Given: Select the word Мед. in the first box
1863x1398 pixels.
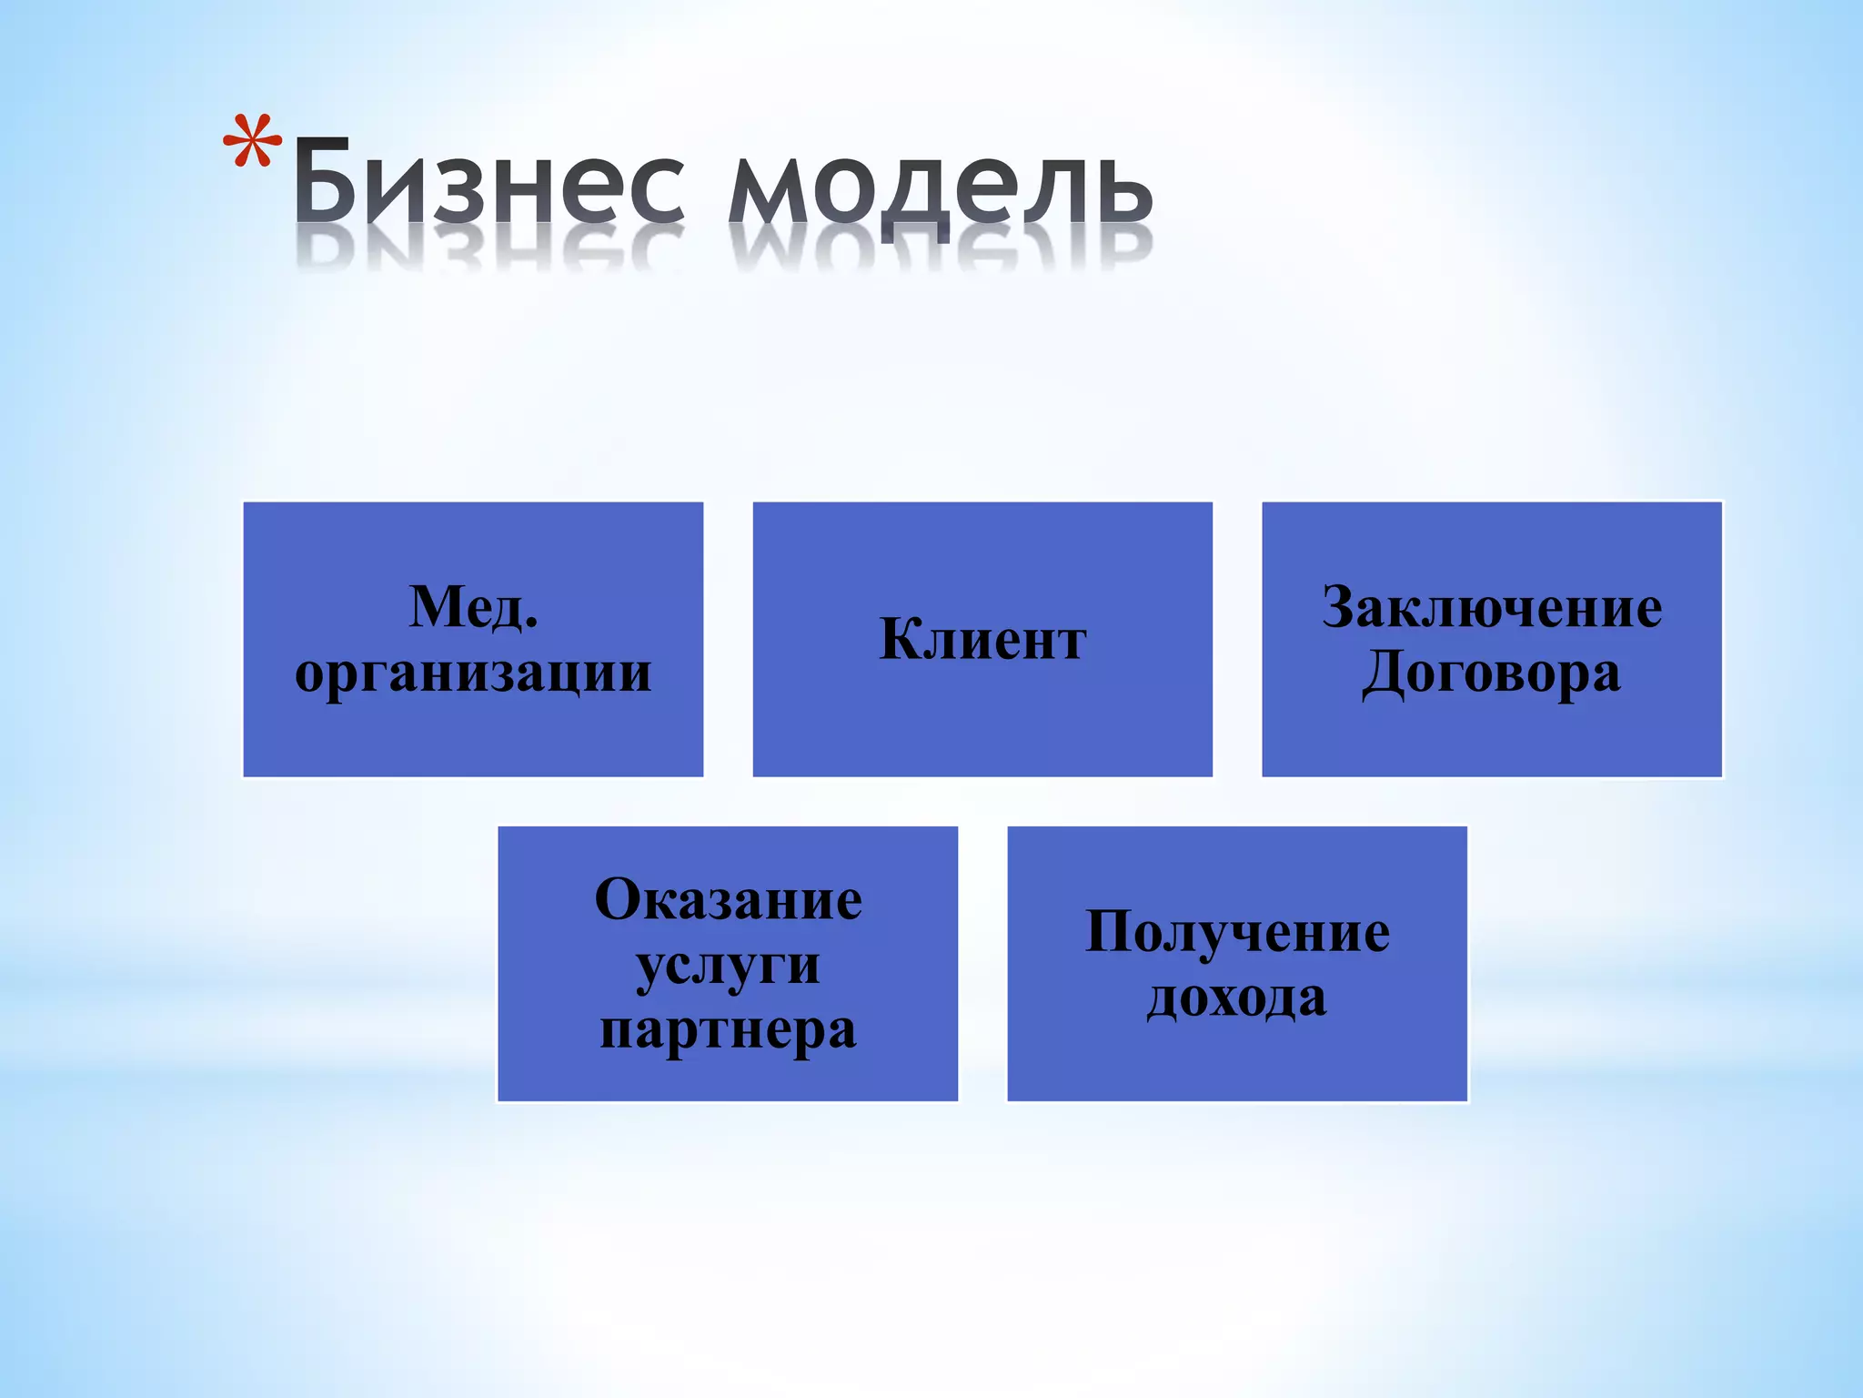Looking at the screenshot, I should [x=473, y=607].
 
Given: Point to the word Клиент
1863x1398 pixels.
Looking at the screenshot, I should [x=982, y=640].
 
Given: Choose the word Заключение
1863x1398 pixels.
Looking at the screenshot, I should [x=1492, y=607].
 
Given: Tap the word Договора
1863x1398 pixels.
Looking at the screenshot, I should [x=1492, y=674].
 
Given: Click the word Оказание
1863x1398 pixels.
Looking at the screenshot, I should [x=728, y=899].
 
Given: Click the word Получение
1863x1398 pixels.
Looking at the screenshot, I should [x=1237, y=932].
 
